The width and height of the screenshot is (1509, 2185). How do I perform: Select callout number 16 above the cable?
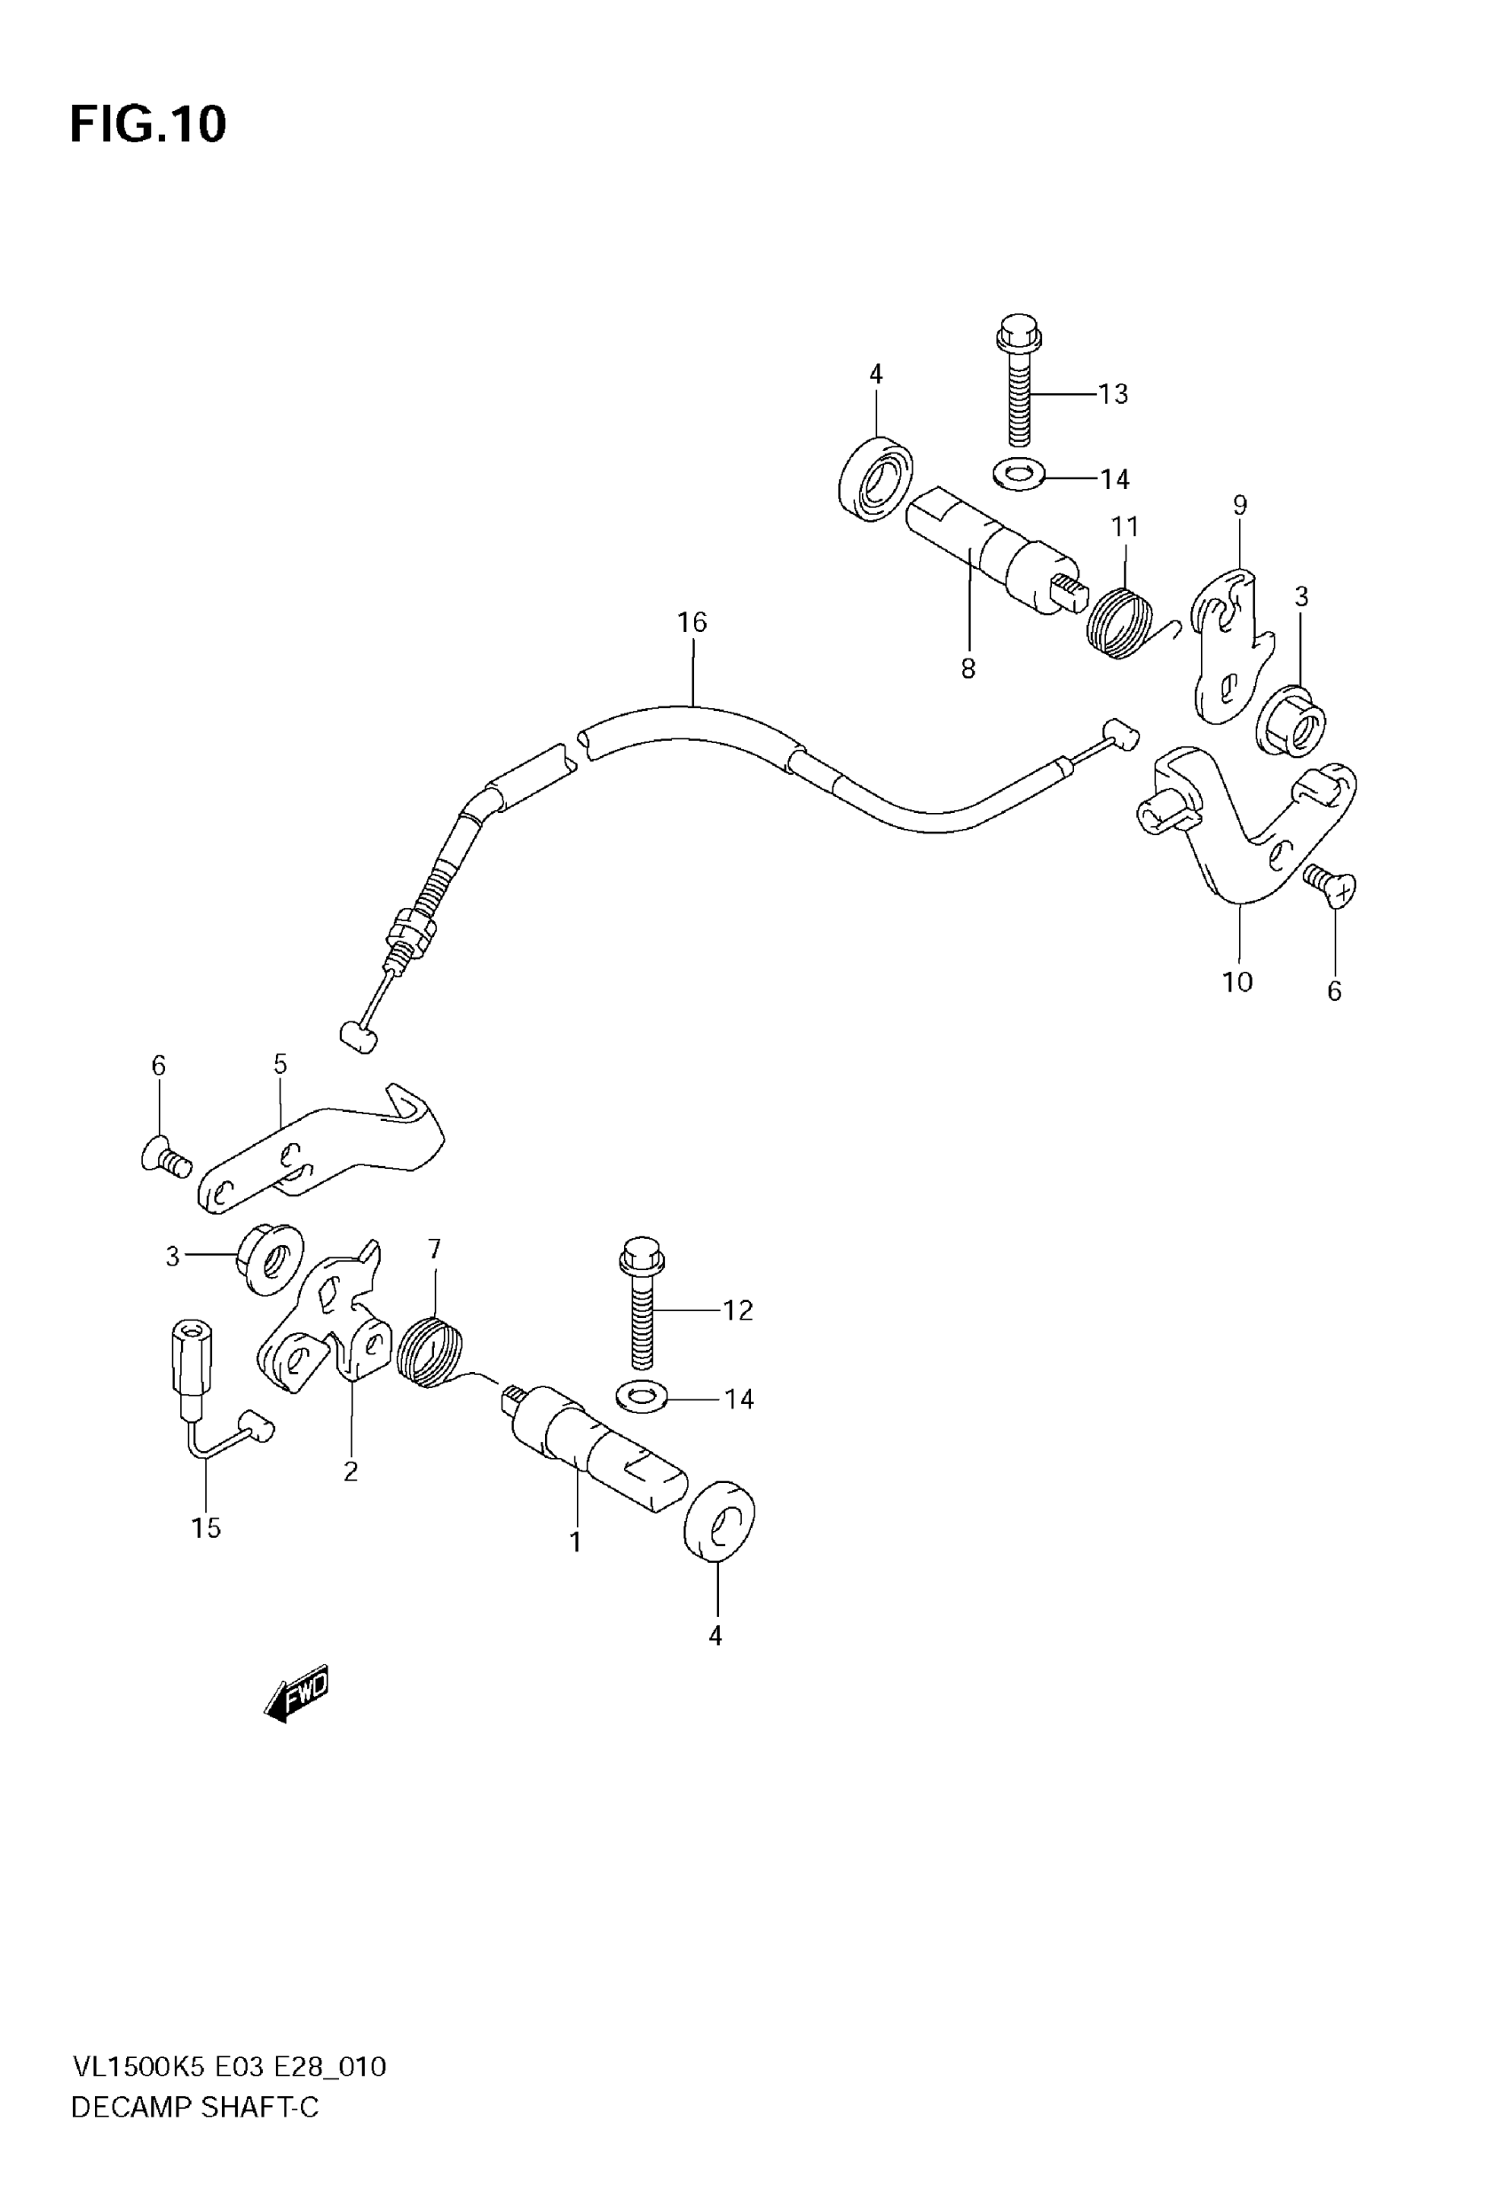pyautogui.click(x=691, y=622)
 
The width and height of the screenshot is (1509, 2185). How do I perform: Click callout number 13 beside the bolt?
pyautogui.click(x=1113, y=394)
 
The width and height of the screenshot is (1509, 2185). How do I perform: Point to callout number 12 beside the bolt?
pyautogui.click(x=738, y=1310)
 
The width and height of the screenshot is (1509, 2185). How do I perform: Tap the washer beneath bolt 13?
pyautogui.click(x=1018, y=474)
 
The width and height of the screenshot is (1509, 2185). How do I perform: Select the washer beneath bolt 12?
pyautogui.click(x=641, y=1393)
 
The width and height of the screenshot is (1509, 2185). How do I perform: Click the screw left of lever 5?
pyautogui.click(x=166, y=1156)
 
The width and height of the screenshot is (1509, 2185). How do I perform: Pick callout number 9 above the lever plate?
pyautogui.click(x=1239, y=505)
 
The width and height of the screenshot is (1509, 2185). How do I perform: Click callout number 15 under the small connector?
pyautogui.click(x=205, y=1527)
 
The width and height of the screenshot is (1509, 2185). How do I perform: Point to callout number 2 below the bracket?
pyautogui.click(x=350, y=1471)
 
